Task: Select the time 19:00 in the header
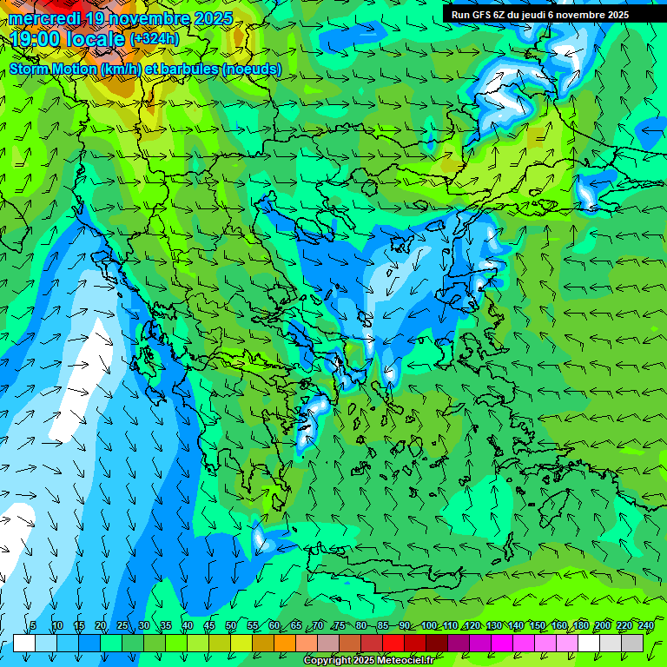(x=36, y=40)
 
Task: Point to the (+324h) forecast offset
(x=154, y=39)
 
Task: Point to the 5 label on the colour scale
(x=33, y=626)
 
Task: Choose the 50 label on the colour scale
(x=230, y=626)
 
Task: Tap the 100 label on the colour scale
(x=428, y=626)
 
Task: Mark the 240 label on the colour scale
(x=645, y=626)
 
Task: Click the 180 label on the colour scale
(x=580, y=626)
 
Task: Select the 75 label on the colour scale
(x=340, y=626)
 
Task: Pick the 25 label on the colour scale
(x=122, y=626)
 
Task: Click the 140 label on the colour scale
(x=515, y=626)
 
